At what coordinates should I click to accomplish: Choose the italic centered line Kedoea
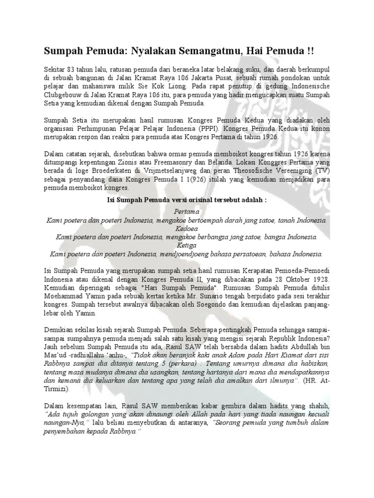(187, 229)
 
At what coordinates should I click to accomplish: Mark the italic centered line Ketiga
(187, 245)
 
